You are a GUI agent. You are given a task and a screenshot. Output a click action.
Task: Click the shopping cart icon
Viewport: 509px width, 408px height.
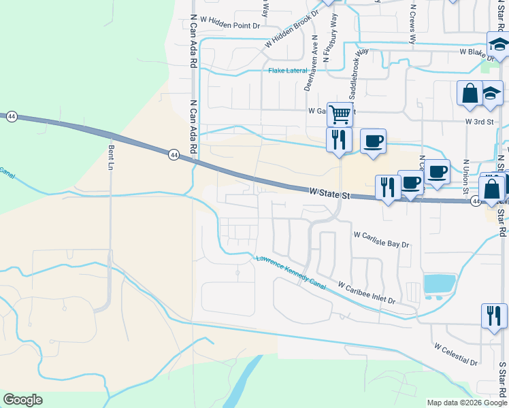(x=339, y=113)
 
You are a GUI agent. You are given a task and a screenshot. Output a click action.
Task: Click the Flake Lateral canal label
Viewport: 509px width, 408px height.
(x=288, y=71)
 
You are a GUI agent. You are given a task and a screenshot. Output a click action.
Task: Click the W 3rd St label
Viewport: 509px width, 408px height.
(x=479, y=120)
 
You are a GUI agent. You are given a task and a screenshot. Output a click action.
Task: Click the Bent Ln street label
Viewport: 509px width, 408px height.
(x=110, y=156)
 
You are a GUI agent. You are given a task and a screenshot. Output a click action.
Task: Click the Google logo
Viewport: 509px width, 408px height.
(x=22, y=400)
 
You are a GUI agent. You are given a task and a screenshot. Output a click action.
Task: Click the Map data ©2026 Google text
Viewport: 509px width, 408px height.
(x=467, y=403)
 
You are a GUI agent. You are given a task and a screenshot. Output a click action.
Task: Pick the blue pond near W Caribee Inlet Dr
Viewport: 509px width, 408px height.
(x=440, y=284)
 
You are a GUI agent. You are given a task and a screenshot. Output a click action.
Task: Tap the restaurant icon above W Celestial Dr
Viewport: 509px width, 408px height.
(x=493, y=315)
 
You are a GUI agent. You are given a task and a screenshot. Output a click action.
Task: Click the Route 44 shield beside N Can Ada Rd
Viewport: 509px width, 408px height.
(x=174, y=156)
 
